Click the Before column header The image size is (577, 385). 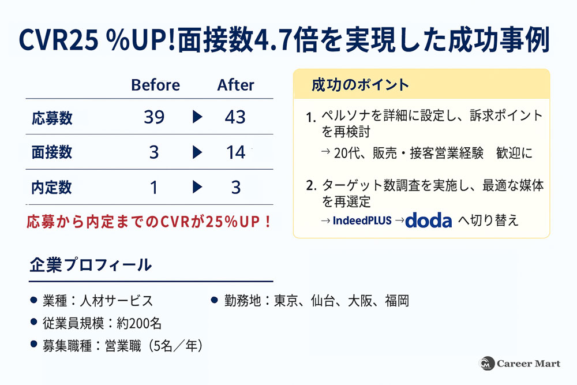[155, 85]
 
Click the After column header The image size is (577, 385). [235, 85]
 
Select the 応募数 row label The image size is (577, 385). [52, 118]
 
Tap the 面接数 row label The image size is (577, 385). [52, 152]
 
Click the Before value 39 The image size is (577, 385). [154, 117]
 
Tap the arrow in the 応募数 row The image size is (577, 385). [197, 117]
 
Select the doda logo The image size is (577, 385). [429, 220]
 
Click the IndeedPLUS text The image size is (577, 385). [362, 220]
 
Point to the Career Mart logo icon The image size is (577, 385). [488, 364]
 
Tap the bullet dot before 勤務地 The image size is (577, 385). [213, 300]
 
